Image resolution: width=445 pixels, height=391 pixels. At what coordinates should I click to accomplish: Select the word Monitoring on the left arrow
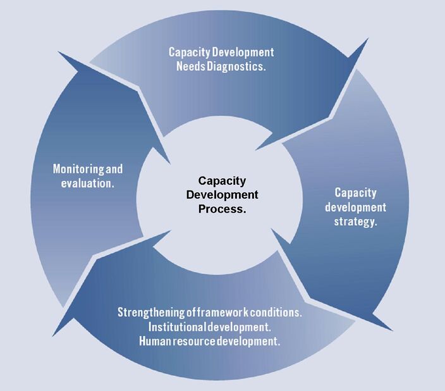pyautogui.click(x=75, y=170)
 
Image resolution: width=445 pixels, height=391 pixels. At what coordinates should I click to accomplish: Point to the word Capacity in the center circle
pyautogui.click(x=222, y=180)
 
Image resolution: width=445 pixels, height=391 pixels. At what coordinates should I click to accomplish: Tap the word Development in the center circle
pyautogui.click(x=222, y=195)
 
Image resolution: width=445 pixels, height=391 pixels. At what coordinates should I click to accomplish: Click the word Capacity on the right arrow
pyautogui.click(x=356, y=192)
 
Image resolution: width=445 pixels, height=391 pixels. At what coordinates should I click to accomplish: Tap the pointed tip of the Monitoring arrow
pyautogui.click(x=169, y=163)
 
